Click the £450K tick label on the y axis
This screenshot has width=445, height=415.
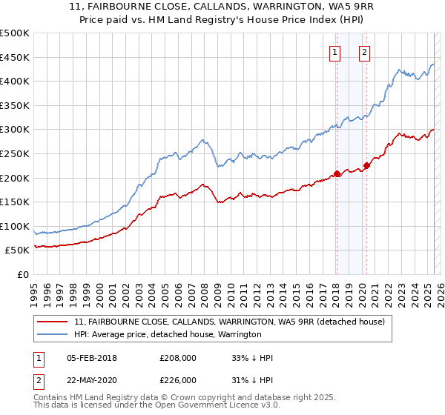coord(15,57)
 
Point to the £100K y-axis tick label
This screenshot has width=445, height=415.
coord(15,226)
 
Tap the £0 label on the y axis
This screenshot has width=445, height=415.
coord(23,274)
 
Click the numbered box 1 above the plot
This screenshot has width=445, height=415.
coord(335,53)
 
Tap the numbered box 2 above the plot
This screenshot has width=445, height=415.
coord(366,53)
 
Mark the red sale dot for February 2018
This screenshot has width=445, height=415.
coord(337,174)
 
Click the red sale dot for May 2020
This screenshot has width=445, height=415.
coord(366,165)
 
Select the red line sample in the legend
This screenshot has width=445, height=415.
coord(52,322)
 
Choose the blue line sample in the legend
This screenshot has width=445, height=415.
coord(52,334)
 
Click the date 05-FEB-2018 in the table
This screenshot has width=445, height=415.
coord(91,358)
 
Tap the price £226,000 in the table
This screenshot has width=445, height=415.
coord(179,379)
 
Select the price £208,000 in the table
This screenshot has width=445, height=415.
coord(179,358)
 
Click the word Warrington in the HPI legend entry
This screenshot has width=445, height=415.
coord(239,334)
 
